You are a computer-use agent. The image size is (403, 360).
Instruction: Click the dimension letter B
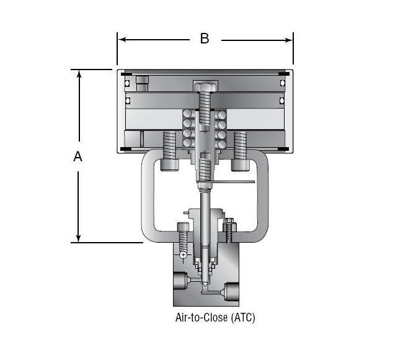coord(204,39)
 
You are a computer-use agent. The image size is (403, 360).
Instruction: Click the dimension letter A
coord(78,157)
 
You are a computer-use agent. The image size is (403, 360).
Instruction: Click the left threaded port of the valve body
coord(179,282)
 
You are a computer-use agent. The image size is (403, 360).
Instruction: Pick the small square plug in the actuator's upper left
coord(143,82)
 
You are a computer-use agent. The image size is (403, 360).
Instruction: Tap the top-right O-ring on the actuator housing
coord(281,83)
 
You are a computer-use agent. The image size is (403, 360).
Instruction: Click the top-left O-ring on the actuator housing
coord(127,83)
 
